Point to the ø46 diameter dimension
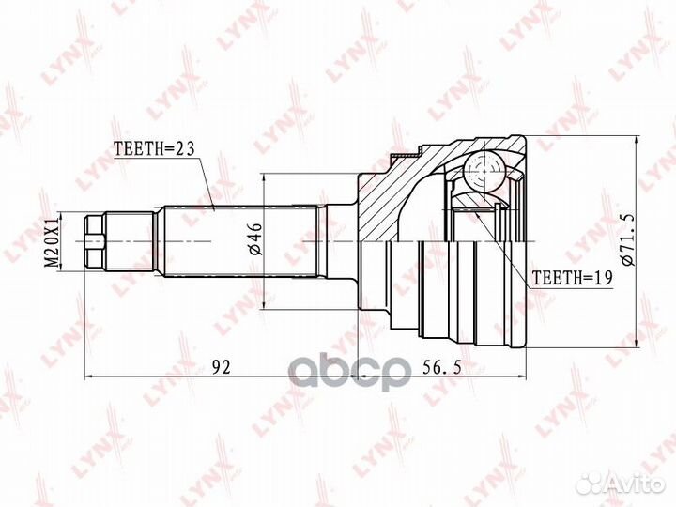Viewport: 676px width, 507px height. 255,241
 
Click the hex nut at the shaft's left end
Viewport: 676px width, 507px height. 93,241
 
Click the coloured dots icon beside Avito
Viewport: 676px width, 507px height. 591,482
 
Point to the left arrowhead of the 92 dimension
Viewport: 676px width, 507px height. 90,376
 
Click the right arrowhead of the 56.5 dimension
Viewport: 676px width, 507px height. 526,376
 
